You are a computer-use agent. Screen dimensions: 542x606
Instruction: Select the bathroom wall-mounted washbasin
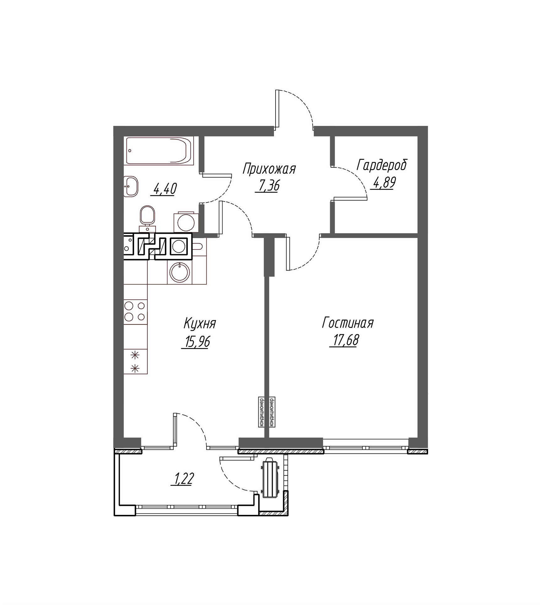click(x=131, y=186)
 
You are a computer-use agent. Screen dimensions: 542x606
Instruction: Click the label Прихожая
click(x=269, y=169)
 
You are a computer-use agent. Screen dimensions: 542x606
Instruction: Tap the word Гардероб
click(x=382, y=165)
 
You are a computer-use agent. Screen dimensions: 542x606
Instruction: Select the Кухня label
click(x=200, y=323)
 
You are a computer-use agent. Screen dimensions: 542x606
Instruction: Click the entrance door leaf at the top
click(x=277, y=110)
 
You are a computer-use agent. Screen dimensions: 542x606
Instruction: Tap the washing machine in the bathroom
click(x=186, y=223)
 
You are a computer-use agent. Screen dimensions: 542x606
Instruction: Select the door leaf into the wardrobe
click(x=351, y=198)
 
